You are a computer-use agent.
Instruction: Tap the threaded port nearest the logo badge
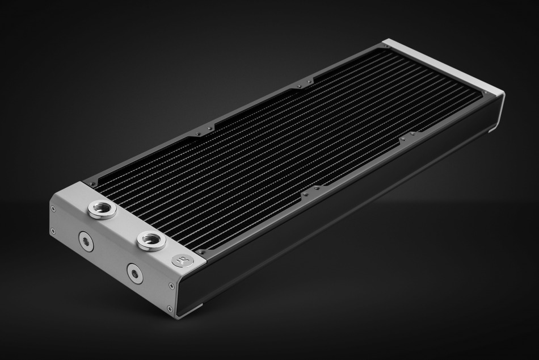pos(151,240)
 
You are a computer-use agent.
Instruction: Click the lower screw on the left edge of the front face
pos(53,231)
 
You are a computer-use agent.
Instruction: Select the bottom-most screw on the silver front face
pos(169,309)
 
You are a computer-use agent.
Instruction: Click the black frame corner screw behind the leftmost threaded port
pos(90,183)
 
